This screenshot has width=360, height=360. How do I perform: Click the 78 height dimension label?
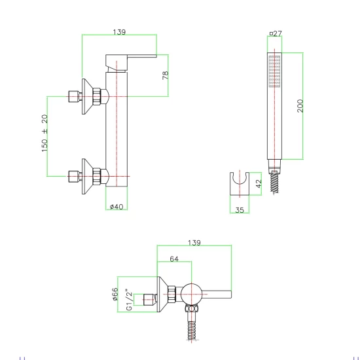166,75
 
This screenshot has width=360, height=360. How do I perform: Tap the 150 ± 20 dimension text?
45,133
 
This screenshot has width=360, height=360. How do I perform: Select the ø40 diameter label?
117,207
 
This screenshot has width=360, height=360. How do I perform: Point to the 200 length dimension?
300,105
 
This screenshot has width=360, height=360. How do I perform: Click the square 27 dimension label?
276,33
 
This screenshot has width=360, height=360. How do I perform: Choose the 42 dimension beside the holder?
259,184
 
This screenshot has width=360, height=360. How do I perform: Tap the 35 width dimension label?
240,210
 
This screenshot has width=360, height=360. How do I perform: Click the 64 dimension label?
174,259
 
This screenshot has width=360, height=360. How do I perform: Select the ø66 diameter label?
115,294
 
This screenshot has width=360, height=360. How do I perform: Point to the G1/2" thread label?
129,300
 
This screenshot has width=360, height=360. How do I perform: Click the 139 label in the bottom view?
194,243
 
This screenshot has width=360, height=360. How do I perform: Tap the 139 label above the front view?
119,32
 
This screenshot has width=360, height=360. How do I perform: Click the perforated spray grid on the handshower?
275,71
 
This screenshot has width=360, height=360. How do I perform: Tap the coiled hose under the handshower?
275,183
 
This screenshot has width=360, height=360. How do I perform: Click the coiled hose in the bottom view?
192,330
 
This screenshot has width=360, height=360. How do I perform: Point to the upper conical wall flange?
87,96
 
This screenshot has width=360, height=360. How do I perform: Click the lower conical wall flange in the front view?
87,176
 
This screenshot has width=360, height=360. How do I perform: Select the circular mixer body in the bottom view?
191,294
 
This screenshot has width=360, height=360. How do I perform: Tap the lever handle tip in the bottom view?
231,294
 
